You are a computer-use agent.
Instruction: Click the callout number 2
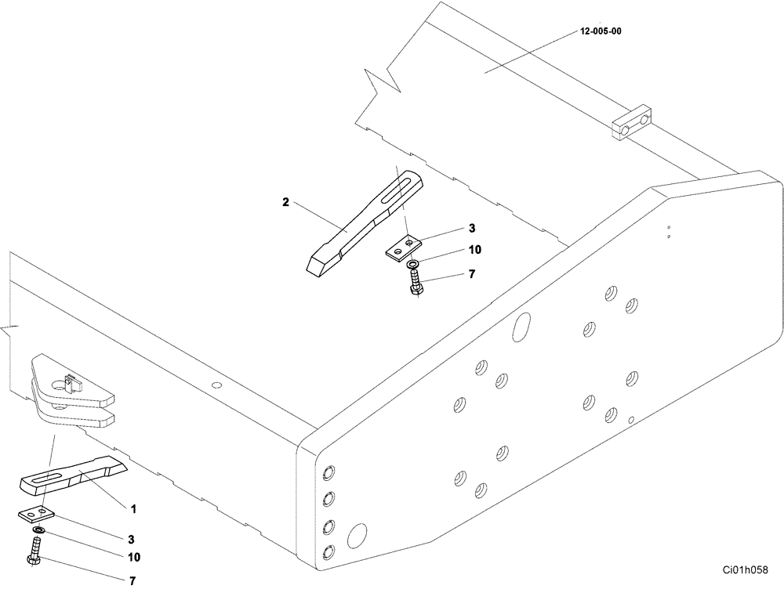click(x=286, y=202)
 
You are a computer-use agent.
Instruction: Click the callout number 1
click(x=133, y=508)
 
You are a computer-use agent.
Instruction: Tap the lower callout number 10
click(x=134, y=558)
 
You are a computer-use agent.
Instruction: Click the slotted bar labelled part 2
click(x=361, y=223)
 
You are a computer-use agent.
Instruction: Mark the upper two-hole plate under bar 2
click(x=404, y=248)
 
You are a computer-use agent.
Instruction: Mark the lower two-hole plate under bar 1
click(x=34, y=513)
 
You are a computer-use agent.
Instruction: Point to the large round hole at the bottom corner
click(x=357, y=536)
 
